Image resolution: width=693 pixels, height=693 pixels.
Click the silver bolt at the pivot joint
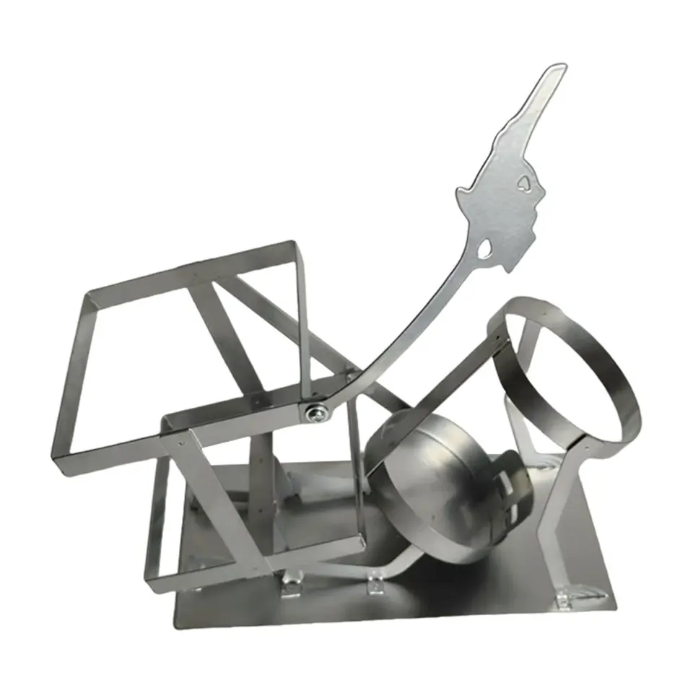(x=315, y=413)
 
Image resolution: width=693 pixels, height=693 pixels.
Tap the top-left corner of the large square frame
(x=88, y=295)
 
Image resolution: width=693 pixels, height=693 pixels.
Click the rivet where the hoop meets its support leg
(x=583, y=449)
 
